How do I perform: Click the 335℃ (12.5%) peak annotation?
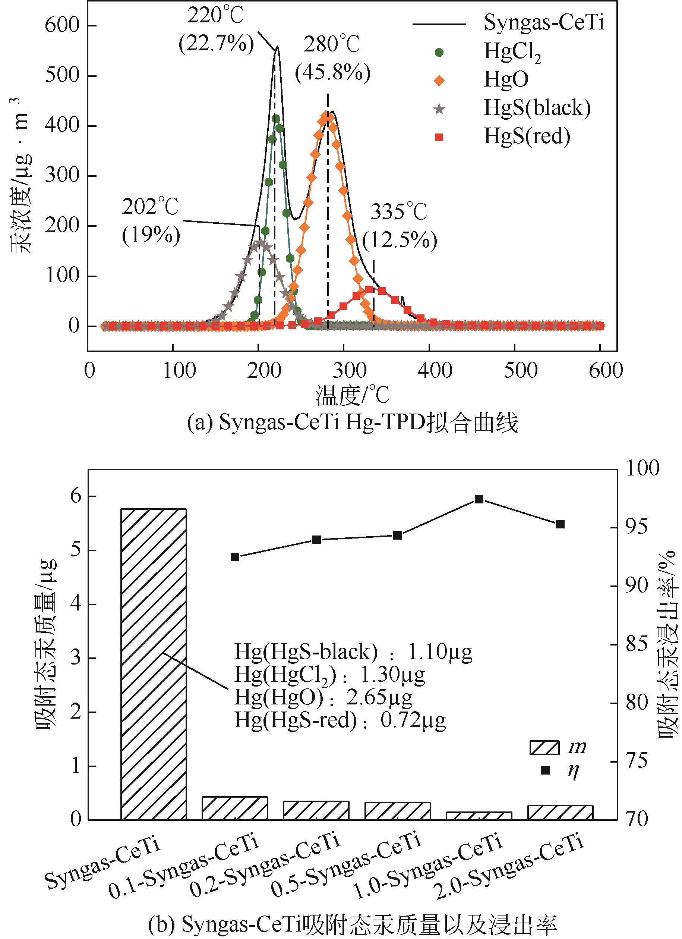[x=400, y=226]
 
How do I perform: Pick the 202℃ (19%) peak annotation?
[x=151, y=221]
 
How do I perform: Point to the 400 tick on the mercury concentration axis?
[x=62, y=125]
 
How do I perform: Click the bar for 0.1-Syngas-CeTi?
[x=235, y=808]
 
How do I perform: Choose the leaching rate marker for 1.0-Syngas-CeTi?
[x=479, y=499]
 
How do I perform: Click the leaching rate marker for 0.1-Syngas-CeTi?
[x=235, y=557]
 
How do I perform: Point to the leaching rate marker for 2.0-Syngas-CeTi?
[x=561, y=524]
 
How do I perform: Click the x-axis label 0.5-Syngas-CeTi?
[x=348, y=863]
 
